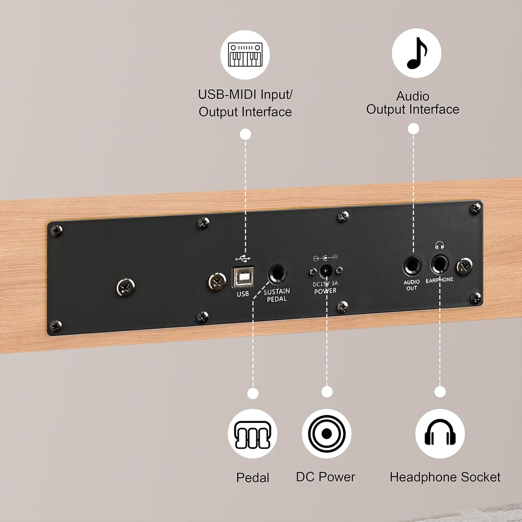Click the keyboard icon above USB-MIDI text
click(x=245, y=55)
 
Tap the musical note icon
click(x=416, y=53)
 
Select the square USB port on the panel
click(x=243, y=277)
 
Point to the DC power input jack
click(x=326, y=271)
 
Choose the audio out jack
click(x=412, y=266)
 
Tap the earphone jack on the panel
click(x=440, y=265)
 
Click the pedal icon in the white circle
click(x=252, y=434)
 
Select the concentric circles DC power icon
click(x=326, y=434)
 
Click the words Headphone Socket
click(x=445, y=477)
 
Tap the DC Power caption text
click(x=325, y=477)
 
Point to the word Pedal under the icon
click(x=253, y=478)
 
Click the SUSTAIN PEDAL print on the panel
click(x=277, y=295)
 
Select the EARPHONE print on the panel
click(x=439, y=280)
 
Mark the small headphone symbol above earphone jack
click(x=440, y=246)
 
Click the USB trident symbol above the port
click(x=243, y=259)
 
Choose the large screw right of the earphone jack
click(x=464, y=267)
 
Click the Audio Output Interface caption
click(x=413, y=103)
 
